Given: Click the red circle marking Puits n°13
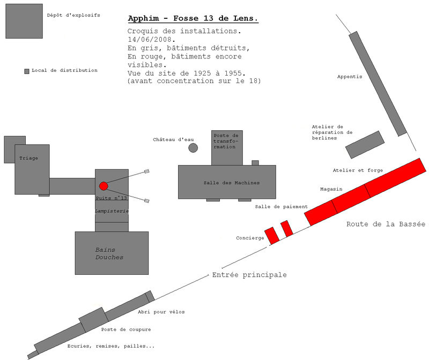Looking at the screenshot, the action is pyautogui.click(x=103, y=186).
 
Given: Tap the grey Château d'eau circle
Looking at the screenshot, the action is pyautogui.click(x=193, y=148).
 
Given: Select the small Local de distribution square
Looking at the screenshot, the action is pyautogui.click(x=27, y=71).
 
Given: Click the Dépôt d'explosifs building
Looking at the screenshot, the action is pyautogui.click(x=24, y=21).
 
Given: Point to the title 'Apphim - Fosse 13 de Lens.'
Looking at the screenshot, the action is pyautogui.click(x=193, y=18).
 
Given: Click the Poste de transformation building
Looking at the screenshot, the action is pyautogui.click(x=227, y=148).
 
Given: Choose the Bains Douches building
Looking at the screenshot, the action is pyautogui.click(x=112, y=253).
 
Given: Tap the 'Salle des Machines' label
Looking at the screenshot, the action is pyautogui.click(x=232, y=183).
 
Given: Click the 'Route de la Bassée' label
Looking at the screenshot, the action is pyautogui.click(x=386, y=224).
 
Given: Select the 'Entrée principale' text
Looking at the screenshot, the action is pyautogui.click(x=249, y=275).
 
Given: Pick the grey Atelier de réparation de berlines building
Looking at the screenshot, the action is pyautogui.click(x=365, y=145).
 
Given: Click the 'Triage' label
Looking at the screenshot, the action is pyautogui.click(x=28, y=158).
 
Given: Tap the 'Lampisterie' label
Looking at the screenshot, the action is pyautogui.click(x=112, y=211).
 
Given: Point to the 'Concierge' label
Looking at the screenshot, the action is pyautogui.click(x=250, y=238).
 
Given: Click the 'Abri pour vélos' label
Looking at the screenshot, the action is pyautogui.click(x=161, y=312).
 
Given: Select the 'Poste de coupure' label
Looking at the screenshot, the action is pyautogui.click(x=126, y=329).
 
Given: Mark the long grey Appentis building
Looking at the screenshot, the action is pyautogui.click(x=378, y=84).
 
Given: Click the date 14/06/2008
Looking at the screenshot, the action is pyautogui.click(x=151, y=39).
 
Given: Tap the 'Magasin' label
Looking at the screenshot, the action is pyautogui.click(x=331, y=189).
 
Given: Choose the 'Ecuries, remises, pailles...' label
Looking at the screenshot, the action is pyautogui.click(x=111, y=346).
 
